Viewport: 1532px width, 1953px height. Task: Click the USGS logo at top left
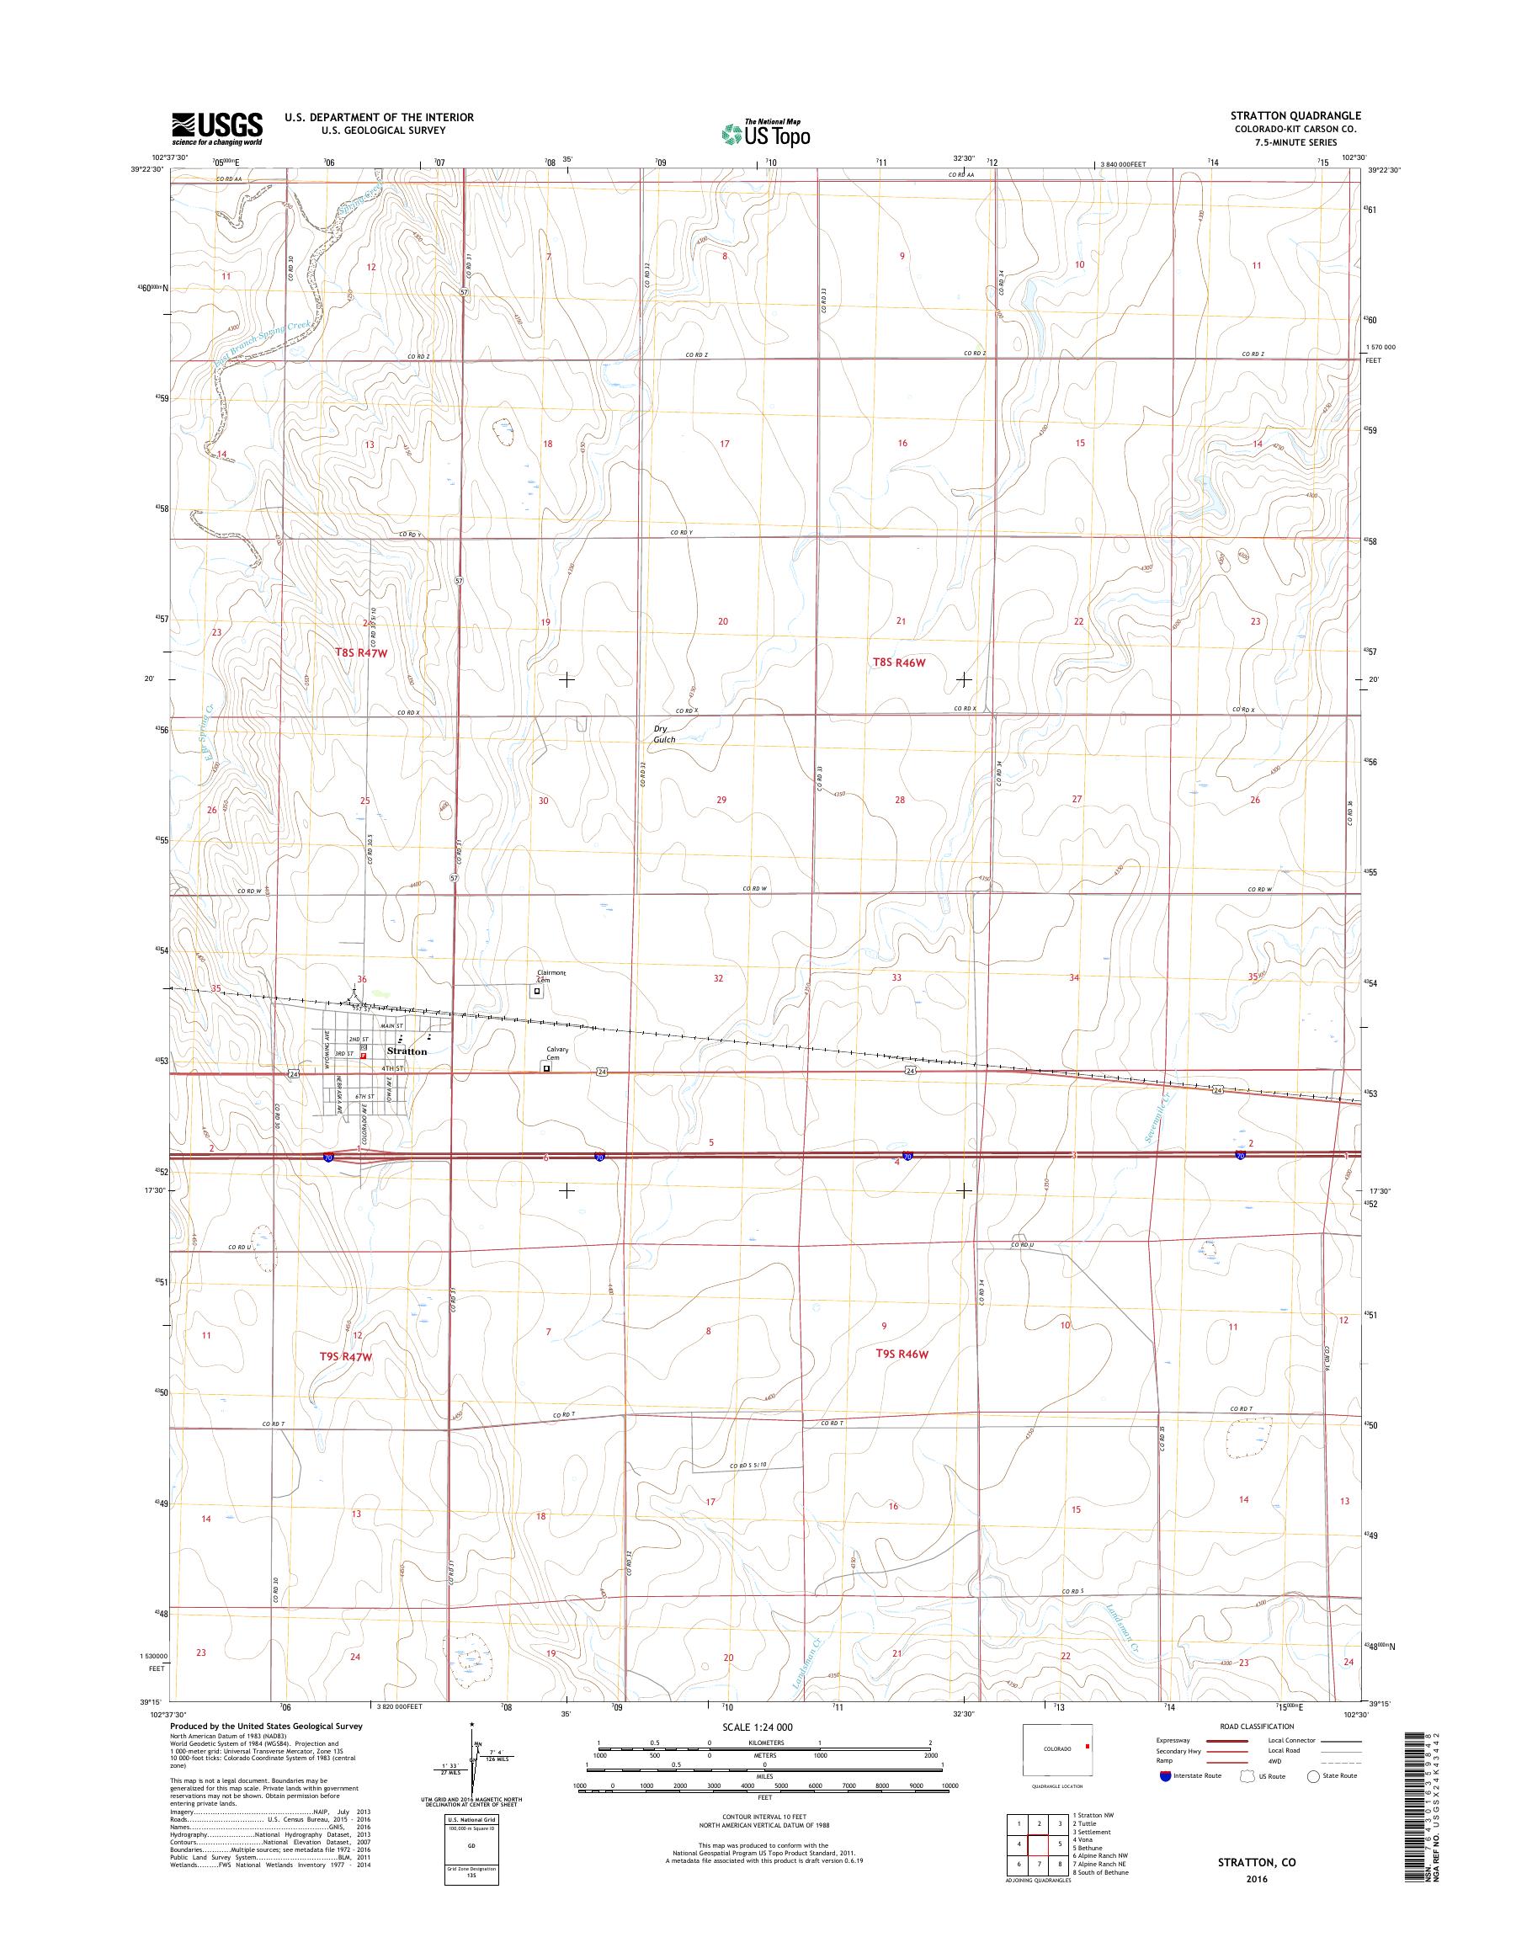click(x=217, y=128)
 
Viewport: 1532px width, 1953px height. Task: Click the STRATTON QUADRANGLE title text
click(x=1290, y=115)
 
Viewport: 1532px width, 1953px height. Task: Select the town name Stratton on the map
click(x=407, y=1051)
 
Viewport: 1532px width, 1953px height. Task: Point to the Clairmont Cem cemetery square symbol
click(x=538, y=992)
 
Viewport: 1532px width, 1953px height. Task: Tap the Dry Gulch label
click(x=665, y=734)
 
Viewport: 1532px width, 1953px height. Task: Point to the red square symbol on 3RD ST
click(x=364, y=1056)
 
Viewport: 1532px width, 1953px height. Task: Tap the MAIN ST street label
click(x=393, y=1025)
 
